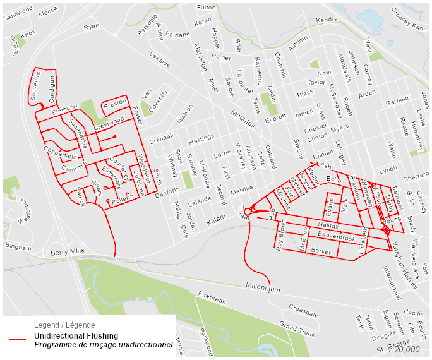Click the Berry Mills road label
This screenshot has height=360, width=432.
(x=67, y=251)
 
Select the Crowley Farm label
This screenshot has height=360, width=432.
(x=409, y=27)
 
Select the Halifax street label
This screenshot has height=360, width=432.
(x=328, y=225)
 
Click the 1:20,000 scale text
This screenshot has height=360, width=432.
(x=404, y=349)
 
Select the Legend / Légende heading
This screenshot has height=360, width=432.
(x=64, y=325)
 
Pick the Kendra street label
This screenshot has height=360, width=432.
(x=327, y=20)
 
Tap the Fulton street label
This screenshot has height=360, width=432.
(x=206, y=7)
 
